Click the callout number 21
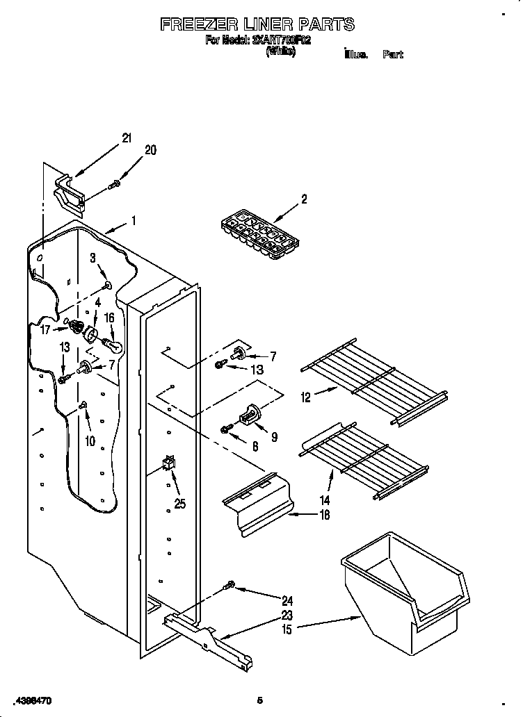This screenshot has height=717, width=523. [126, 138]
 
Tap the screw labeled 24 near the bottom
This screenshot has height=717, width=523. [230, 588]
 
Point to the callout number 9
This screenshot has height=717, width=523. [273, 437]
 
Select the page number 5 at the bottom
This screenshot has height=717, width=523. [259, 700]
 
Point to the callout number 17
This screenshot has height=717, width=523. [45, 329]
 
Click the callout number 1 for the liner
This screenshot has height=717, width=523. [133, 222]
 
